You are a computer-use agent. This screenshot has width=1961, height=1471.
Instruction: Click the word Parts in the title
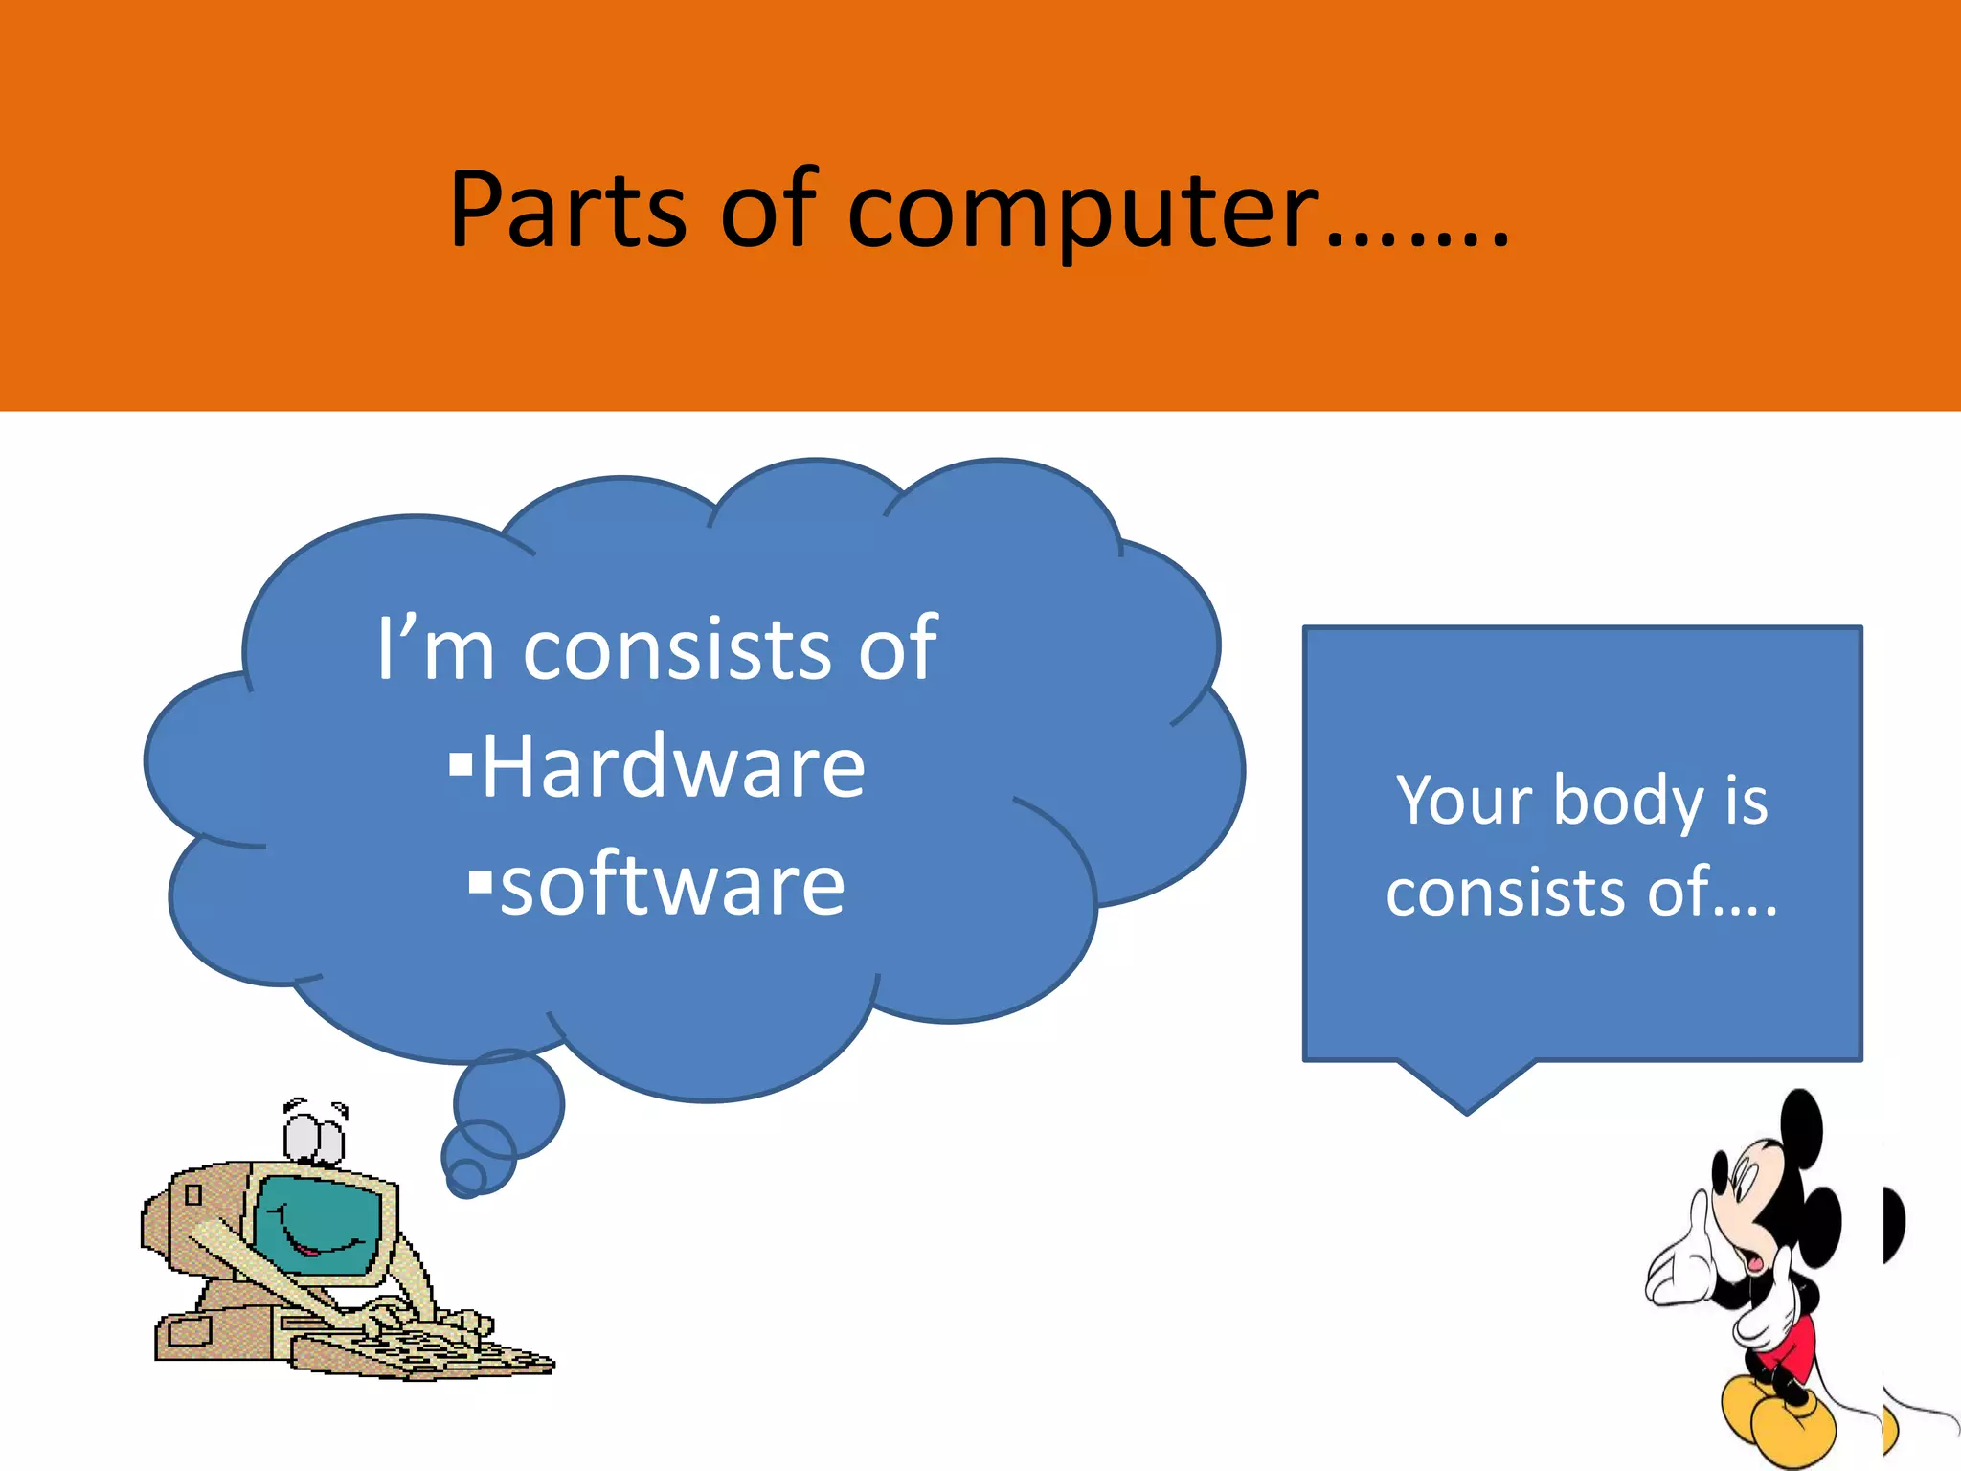pyautogui.click(x=568, y=210)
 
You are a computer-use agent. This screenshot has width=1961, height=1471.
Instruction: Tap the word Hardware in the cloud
pyautogui.click(x=673, y=768)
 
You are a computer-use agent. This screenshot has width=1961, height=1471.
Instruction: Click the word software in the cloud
pyautogui.click(x=672, y=886)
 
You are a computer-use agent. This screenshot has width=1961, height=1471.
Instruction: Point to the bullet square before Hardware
pyautogui.click(x=461, y=763)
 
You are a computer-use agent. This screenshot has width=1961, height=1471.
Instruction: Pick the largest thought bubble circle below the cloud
pyautogui.click(x=508, y=1103)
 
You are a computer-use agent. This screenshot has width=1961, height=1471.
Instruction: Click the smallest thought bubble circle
pyautogui.click(x=466, y=1178)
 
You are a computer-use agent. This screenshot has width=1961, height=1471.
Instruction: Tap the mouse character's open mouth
pyautogui.click(x=1755, y=1260)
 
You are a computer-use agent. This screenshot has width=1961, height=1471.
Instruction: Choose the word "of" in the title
pyautogui.click(x=767, y=210)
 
